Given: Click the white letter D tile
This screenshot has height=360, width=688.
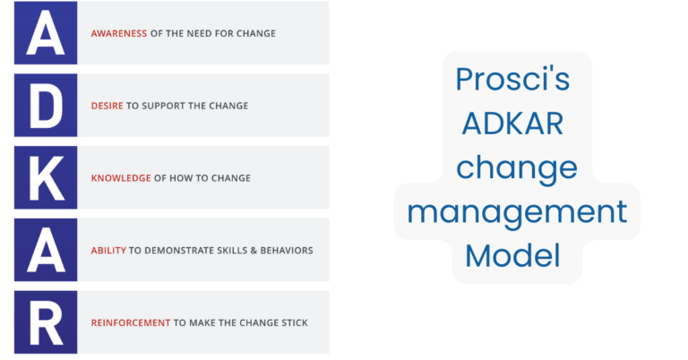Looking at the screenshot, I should click(46, 106).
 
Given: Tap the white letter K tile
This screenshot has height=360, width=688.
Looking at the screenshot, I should click(46, 177).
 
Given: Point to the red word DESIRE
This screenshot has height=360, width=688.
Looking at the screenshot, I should click(107, 106).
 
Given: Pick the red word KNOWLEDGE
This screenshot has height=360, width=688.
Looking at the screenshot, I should click(121, 177).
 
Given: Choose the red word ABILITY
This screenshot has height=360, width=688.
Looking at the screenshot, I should click(108, 251).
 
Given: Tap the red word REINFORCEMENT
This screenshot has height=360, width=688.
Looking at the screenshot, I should click(130, 322).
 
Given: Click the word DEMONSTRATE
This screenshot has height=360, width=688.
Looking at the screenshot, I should click(181, 251).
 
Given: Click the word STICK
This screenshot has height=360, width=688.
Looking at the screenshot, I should click(291, 322).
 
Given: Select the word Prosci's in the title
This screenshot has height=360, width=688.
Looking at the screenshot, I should click(512, 79).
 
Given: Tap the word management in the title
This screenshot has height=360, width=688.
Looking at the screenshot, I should click(517, 212).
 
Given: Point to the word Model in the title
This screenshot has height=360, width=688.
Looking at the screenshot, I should click(512, 256).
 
